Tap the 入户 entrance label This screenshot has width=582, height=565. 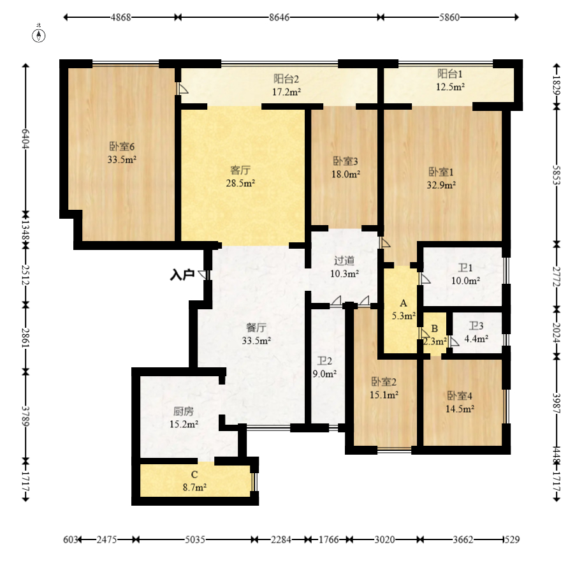pos(182,275)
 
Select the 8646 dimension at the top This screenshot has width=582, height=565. pos(279,17)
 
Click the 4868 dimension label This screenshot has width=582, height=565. pos(121,17)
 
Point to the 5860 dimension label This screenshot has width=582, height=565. pos(449,17)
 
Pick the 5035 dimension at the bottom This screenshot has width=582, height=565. pos(195,539)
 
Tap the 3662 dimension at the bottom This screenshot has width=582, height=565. pos(463,539)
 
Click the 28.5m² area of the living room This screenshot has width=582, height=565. pos(240,183)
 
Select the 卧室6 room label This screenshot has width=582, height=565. pos(122,146)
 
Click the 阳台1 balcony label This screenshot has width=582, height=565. pos(450,74)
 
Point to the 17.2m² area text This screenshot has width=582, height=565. pos(287,92)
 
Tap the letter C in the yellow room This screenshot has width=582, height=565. pos(194,474)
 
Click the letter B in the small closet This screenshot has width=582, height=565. pos(435,328)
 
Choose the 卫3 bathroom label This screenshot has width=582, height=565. pos(476,326)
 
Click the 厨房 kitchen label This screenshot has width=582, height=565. pos(184,411)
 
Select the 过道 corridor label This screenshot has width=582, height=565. pos(344,261)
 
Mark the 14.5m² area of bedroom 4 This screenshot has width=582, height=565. pos(460,409)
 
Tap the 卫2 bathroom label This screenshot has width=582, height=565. pos(324,361)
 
